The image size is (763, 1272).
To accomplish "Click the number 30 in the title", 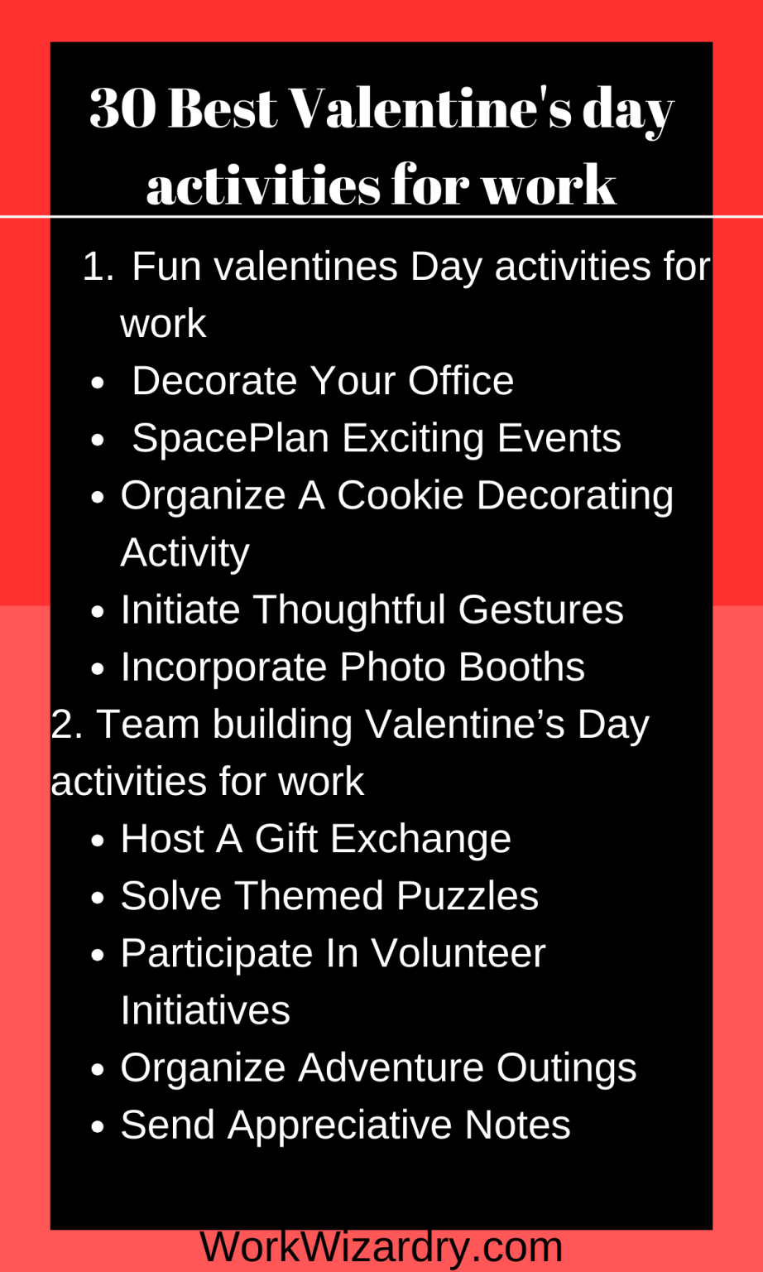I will click(122, 109).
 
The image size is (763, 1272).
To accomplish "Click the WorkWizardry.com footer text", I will click(381, 1247).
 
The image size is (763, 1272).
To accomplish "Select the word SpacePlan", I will click(230, 438).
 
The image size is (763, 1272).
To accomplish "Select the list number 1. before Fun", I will click(98, 267).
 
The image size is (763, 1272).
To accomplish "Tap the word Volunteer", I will click(458, 953).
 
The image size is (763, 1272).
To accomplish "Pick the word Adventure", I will click(391, 1067).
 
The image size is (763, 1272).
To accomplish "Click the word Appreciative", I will click(339, 1125).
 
